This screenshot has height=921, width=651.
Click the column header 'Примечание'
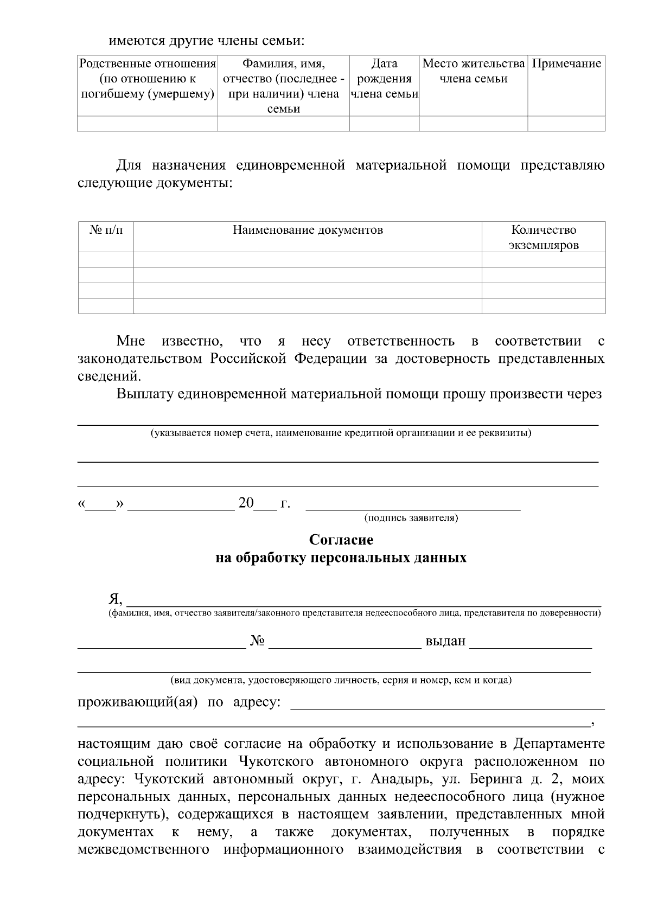tap(566, 64)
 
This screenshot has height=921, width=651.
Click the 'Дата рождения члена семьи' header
tap(384, 79)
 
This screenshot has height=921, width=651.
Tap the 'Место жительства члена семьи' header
tap(474, 72)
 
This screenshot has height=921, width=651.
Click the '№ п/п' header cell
tap(106, 230)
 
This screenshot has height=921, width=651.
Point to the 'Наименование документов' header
tap(308, 230)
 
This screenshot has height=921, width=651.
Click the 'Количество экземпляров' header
tap(544, 238)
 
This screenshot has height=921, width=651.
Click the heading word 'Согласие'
tap(341, 540)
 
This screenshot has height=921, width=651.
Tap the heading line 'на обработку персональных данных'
tap(341, 558)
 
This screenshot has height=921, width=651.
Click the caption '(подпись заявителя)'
tap(412, 518)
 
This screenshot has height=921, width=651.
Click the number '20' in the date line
tap(246, 503)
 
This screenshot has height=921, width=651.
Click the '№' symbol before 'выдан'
tap(258, 641)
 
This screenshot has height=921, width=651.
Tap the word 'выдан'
tap(445, 641)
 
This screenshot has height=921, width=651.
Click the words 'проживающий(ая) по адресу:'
tap(180, 702)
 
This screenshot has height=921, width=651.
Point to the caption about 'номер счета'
tap(341, 433)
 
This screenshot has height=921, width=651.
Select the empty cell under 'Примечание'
tap(566, 124)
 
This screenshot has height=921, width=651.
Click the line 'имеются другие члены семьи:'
tap(206, 41)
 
